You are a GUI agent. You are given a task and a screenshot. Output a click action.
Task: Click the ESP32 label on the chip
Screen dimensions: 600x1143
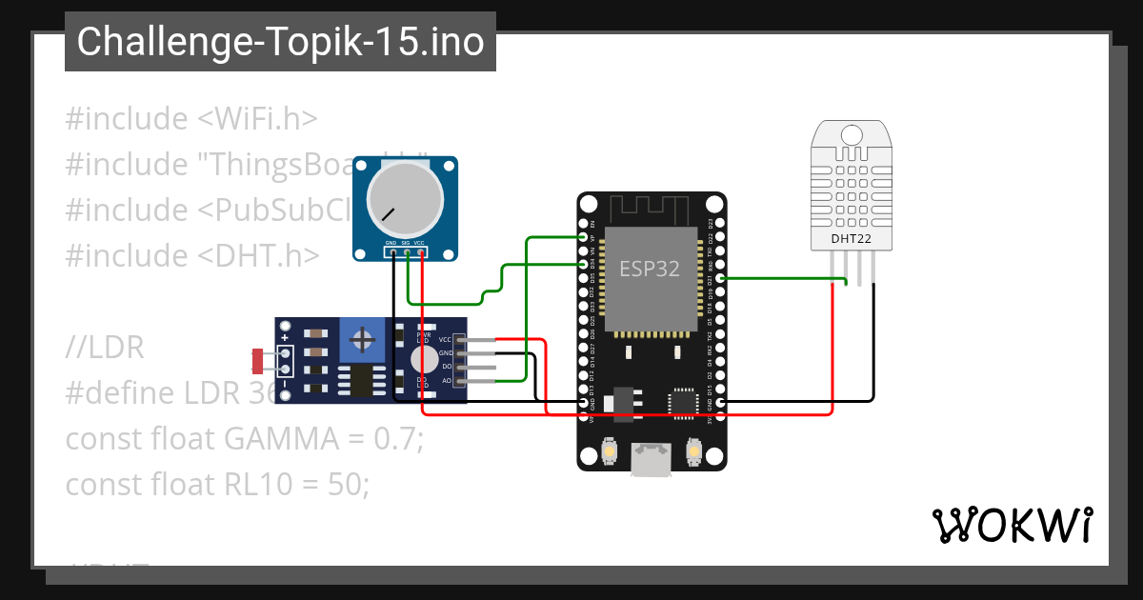pyautogui.click(x=651, y=269)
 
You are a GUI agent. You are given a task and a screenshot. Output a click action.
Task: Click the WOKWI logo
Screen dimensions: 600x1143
pyautogui.click(x=1012, y=526)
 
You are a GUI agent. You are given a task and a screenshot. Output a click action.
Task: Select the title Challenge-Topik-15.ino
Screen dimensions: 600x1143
pyautogui.click(x=280, y=42)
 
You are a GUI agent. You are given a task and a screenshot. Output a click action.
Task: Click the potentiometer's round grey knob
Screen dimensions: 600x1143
pyautogui.click(x=406, y=198)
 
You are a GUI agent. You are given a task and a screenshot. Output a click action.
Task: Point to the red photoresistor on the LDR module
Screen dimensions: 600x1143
pyautogui.click(x=257, y=361)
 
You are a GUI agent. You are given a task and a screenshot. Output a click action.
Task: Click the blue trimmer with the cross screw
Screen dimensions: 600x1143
pyautogui.click(x=362, y=340)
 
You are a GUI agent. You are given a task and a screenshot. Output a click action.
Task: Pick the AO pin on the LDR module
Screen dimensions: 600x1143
pyautogui.click(x=461, y=381)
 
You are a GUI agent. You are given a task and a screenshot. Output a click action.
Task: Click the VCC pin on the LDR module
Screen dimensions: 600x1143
pyautogui.click(x=461, y=339)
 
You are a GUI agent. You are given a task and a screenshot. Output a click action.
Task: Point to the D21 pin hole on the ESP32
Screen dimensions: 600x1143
pyautogui.click(x=720, y=278)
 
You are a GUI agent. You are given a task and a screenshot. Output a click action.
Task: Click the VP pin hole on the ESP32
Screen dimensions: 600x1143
pyautogui.click(x=584, y=236)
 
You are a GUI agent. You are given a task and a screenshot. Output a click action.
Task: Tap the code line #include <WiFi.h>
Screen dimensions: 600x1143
pyautogui.click(x=190, y=119)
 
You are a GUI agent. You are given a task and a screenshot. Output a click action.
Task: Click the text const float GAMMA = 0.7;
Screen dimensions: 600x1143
pyautogui.click(x=244, y=439)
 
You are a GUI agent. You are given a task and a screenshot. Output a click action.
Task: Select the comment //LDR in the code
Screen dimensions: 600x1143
pyautogui.click(x=105, y=349)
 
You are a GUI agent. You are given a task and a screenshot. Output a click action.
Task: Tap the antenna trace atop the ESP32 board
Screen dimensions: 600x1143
pyautogui.click(x=652, y=208)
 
